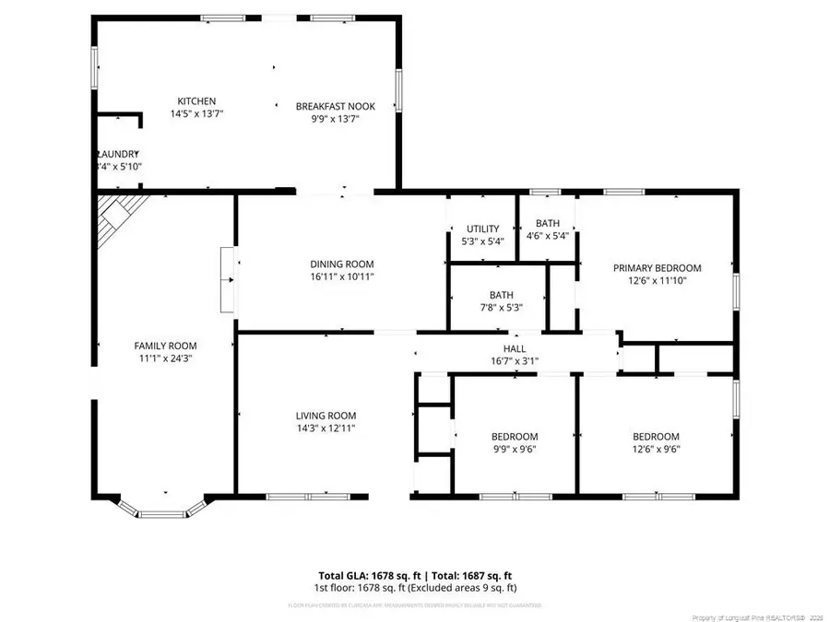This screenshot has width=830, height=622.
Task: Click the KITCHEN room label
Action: point(196,101)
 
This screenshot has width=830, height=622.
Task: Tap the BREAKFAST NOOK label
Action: point(335,106)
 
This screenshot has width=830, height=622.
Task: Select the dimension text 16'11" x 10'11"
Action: point(341,276)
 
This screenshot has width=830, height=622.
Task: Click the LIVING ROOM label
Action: point(326,416)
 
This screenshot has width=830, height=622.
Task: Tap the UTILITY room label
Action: point(482,229)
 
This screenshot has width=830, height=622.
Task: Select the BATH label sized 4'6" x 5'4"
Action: point(548,224)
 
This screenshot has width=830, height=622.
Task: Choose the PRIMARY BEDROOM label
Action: point(657,268)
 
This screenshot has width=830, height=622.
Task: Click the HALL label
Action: point(514,349)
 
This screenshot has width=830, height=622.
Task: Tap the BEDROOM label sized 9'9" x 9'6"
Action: point(514,437)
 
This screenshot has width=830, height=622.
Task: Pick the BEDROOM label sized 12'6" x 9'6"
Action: point(656,437)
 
